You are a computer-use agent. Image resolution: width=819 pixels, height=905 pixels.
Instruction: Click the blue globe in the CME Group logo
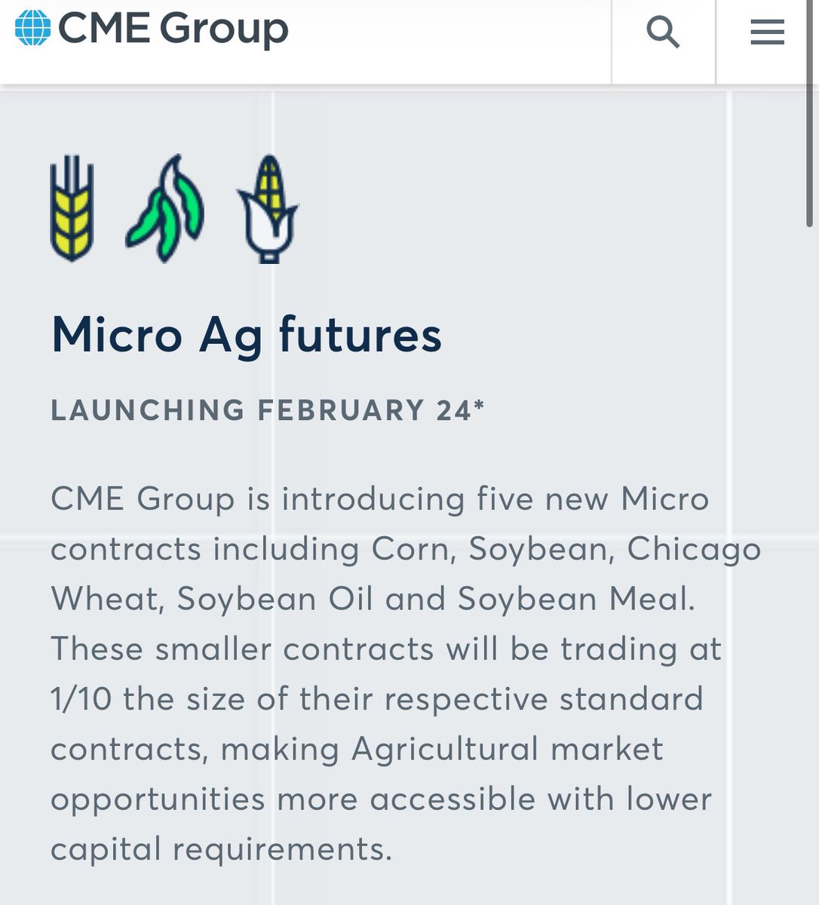point(32,27)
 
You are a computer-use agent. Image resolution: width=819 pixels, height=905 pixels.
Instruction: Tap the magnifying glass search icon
point(663,32)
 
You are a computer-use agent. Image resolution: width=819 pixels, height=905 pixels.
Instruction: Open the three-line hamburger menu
point(767,32)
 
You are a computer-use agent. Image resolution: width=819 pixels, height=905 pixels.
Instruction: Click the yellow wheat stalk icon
point(72,207)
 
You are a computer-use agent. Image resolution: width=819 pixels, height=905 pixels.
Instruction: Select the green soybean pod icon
point(165,209)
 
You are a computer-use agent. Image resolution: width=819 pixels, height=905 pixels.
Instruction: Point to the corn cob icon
point(268,209)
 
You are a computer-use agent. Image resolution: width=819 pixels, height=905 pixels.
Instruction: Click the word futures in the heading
point(360,335)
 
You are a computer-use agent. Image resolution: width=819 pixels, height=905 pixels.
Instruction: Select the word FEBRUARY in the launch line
point(341,410)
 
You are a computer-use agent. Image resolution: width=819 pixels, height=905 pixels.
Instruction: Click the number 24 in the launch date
point(453,410)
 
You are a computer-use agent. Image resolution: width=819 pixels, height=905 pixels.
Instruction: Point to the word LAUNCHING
point(148,410)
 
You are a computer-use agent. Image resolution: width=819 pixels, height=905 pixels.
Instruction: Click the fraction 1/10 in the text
point(81,699)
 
